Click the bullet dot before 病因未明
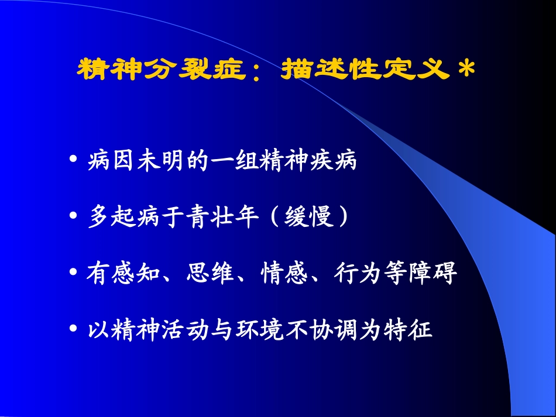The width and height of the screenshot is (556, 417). (x=73, y=160)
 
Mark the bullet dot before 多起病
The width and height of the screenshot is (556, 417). (x=73, y=217)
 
